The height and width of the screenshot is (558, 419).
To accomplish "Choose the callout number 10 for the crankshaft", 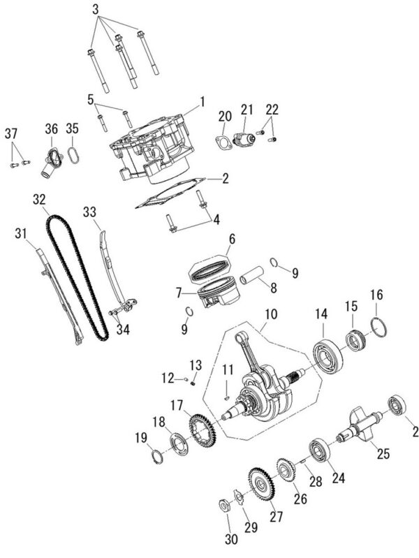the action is click(271, 314).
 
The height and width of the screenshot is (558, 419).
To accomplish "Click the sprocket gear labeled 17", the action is click(202, 432).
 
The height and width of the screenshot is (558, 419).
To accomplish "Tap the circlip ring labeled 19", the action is click(157, 457).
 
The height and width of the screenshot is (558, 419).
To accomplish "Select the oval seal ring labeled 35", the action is click(73, 156).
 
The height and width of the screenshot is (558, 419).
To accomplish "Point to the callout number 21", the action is click(247, 110).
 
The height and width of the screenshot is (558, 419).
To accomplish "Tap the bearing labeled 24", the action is click(319, 450).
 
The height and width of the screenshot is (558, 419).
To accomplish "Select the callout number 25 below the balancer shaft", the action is click(383, 454).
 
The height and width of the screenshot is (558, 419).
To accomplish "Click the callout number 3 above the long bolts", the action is click(96, 10).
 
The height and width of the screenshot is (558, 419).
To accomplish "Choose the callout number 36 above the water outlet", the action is click(51, 129).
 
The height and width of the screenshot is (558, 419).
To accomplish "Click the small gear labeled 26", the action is click(286, 470).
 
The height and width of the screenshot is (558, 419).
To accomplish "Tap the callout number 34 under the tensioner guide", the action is click(123, 330).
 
